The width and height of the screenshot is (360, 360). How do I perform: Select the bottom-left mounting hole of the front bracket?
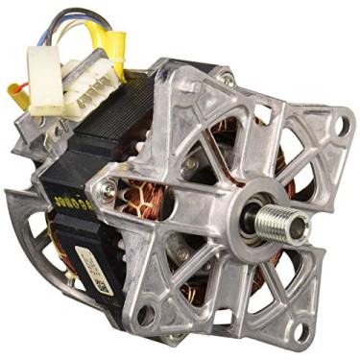[x=147, y=315]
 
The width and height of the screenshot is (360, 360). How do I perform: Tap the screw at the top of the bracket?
[x=225, y=79]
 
